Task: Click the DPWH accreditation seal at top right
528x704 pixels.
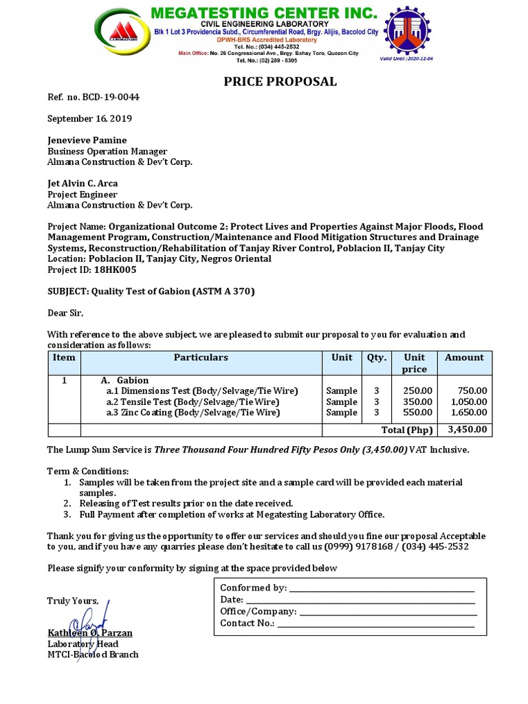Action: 412,32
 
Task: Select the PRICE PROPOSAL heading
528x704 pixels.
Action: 280,82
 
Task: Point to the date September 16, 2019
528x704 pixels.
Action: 89,118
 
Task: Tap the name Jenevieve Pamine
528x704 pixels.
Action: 87,140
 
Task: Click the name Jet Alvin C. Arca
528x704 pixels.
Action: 83,184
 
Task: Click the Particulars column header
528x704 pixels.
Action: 201,357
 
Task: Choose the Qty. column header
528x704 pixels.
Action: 377,357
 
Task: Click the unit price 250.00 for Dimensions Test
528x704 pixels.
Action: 417,391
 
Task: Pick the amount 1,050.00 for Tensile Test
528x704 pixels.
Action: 469,402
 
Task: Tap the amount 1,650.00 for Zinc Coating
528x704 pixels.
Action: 469,413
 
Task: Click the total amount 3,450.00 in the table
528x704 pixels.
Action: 467,430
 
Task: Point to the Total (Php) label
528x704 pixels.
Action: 410,430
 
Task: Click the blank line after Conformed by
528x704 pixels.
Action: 382,589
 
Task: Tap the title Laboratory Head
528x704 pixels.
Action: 82,644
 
